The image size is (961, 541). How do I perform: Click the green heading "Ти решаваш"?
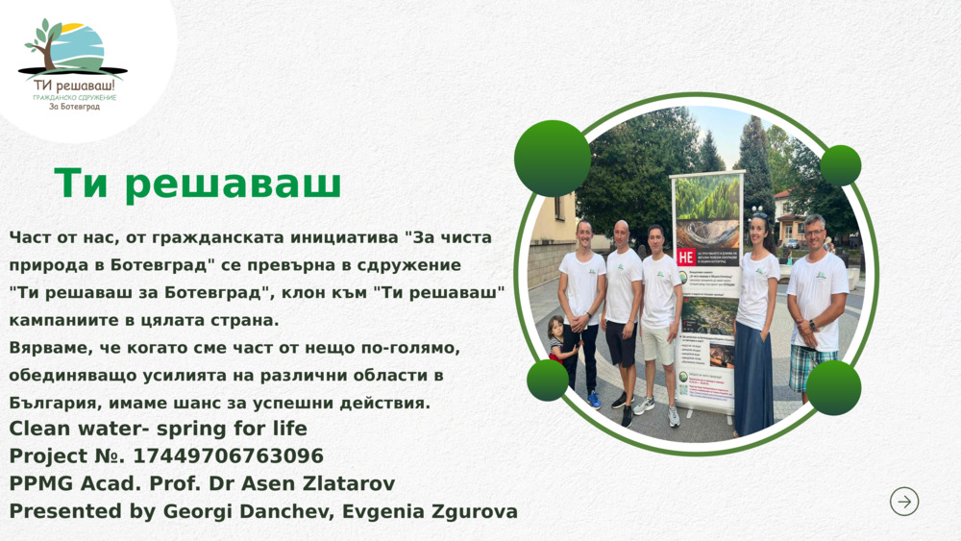click(198, 184)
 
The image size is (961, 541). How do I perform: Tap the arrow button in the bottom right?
click(903, 502)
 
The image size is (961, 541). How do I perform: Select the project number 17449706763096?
click(228, 455)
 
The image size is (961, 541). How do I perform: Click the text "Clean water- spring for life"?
click(159, 429)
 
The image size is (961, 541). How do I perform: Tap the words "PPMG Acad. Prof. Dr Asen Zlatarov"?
click(202, 483)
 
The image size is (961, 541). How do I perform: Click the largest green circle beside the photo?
click(553, 159)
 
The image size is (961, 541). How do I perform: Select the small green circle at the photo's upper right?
click(841, 165)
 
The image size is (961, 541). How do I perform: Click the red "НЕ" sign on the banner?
click(686, 257)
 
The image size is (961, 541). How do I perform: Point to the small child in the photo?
click(556, 346)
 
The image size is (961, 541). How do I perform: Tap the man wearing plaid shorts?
click(815, 307)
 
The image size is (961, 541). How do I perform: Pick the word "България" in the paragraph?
click(49, 403)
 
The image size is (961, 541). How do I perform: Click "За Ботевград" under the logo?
click(74, 107)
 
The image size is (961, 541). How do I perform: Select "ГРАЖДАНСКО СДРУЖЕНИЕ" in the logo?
click(74, 97)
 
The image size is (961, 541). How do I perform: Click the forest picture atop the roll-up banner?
click(707, 198)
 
